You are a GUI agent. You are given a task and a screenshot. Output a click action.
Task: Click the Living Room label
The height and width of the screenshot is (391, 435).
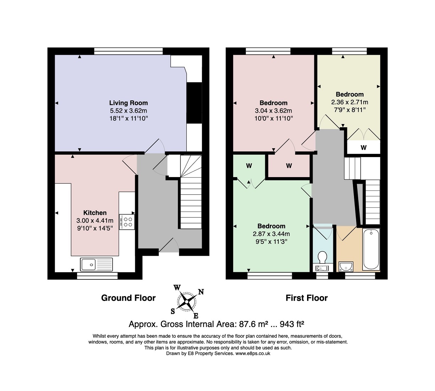click(x=128, y=103)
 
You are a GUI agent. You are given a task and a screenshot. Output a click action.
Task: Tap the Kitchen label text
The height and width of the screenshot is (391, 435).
click(x=95, y=213)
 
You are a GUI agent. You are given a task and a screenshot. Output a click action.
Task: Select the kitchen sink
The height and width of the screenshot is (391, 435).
click(x=96, y=264)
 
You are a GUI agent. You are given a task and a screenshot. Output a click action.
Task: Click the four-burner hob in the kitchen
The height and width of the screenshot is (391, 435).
click(x=127, y=222)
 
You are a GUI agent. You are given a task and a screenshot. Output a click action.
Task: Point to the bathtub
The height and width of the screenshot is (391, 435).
click(x=371, y=250)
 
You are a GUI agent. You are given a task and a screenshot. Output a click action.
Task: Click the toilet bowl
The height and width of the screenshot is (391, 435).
click(x=322, y=257)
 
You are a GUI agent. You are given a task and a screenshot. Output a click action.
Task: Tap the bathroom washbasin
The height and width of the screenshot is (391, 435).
click(x=346, y=267)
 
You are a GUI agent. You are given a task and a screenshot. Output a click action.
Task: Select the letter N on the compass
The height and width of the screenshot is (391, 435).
click(x=201, y=292)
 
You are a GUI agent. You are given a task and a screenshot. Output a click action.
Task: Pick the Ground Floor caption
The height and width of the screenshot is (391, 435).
click(x=128, y=298)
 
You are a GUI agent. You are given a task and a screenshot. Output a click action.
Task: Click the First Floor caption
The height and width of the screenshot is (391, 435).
click(x=306, y=298)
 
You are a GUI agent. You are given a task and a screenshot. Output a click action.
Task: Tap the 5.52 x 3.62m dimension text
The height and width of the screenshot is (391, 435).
click(x=128, y=111)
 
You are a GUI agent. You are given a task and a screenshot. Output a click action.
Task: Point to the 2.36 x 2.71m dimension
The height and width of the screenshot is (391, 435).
click(x=350, y=102)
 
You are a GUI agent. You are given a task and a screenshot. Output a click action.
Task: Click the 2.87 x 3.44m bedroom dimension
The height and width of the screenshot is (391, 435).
click(x=271, y=234)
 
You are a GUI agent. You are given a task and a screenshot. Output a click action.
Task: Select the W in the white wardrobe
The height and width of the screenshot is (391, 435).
click(x=364, y=148)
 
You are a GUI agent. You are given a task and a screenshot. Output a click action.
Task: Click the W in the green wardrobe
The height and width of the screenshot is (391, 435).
click(x=249, y=166)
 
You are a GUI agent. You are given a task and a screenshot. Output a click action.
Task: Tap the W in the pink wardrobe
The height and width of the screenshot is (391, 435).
click(x=289, y=166)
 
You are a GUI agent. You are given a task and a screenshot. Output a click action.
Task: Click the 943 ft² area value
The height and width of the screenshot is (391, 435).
click(x=292, y=324)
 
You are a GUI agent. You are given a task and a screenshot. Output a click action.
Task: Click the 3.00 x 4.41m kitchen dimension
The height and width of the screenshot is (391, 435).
click(x=95, y=221)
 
